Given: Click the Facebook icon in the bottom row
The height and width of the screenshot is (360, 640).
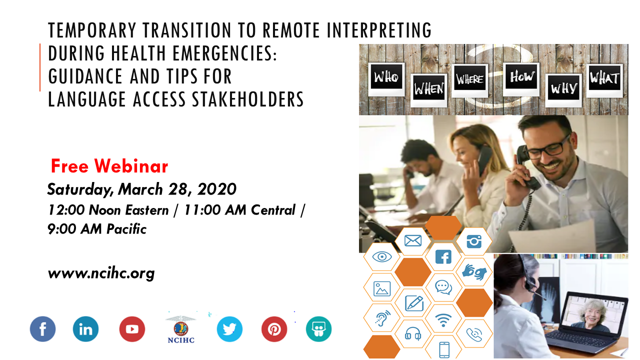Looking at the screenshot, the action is (x=43, y=329).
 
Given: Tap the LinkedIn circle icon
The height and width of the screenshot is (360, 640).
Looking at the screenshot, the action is (x=85, y=329).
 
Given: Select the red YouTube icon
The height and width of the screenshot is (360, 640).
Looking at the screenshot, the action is (x=132, y=329).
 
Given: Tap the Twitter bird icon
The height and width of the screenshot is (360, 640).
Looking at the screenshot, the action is (x=229, y=329).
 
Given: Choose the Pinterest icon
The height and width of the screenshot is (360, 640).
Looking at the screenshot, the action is (x=274, y=329).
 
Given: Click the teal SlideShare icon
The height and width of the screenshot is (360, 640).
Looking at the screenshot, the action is (x=318, y=329).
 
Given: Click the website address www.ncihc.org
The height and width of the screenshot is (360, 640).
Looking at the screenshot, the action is (x=101, y=273).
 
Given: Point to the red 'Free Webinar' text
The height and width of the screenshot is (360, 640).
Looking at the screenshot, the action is (x=109, y=166).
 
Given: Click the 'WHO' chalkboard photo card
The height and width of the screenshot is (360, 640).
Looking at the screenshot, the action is (x=386, y=79).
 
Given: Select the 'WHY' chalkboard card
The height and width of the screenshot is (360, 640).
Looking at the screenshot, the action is (x=563, y=90).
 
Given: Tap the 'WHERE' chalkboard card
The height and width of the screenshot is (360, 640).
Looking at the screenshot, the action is (x=470, y=80).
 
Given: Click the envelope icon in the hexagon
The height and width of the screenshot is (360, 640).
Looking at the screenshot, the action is (x=413, y=241).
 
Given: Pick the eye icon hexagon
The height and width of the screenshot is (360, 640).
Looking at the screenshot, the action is (x=382, y=256).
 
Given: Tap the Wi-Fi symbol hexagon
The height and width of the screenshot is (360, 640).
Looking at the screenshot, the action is (x=443, y=318).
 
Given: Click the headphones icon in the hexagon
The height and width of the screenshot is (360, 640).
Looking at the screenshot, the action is (x=413, y=333).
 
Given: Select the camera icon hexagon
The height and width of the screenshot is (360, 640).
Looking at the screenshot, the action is (x=474, y=241).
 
